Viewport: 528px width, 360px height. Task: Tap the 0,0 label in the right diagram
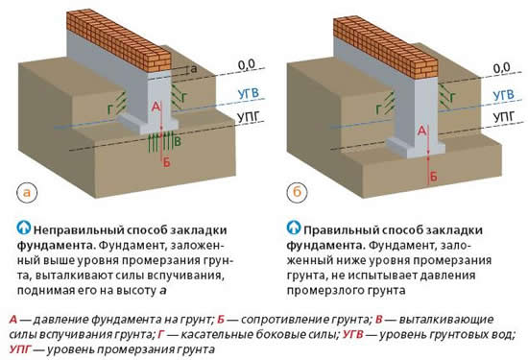(x=500, y=66)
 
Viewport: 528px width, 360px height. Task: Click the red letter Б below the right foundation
(x=433, y=177)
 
